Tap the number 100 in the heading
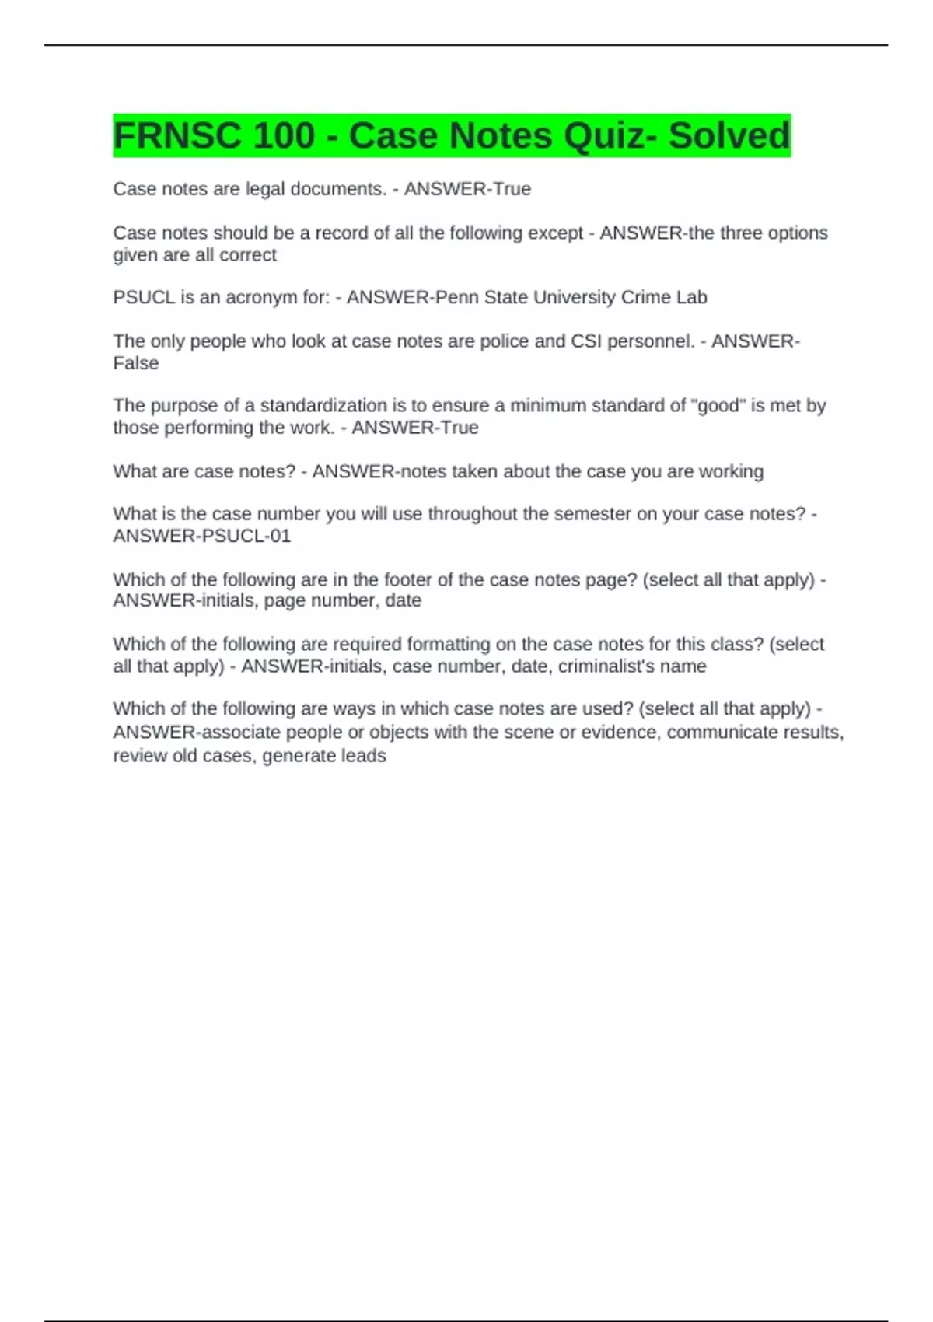[x=283, y=135]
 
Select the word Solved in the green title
[x=729, y=135]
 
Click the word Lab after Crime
[x=691, y=297]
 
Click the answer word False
[x=136, y=363]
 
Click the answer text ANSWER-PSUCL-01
[x=202, y=536]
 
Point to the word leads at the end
[x=363, y=756]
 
